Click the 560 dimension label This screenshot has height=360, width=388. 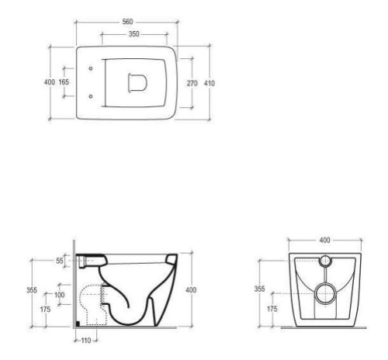[127, 22]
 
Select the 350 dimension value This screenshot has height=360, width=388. [134, 34]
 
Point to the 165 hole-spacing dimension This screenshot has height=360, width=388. [64, 82]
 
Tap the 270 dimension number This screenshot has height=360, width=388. [192, 83]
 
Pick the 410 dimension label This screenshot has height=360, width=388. [210, 83]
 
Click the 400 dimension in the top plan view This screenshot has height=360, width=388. [50, 82]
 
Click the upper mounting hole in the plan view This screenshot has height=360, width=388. [91, 68]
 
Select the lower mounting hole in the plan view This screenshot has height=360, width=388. [91, 96]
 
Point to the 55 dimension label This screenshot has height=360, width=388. [60, 261]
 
